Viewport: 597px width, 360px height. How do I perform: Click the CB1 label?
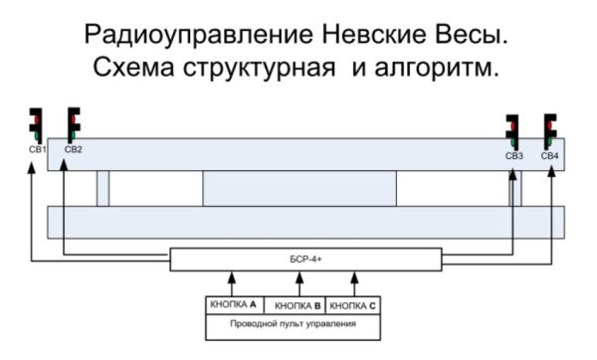click(37, 149)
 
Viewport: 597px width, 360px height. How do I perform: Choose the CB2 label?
click(73, 149)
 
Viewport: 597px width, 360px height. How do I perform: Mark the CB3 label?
click(513, 156)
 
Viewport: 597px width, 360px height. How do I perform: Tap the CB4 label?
click(549, 156)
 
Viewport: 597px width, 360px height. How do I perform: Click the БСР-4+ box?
click(304, 260)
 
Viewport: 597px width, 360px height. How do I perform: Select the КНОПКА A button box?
click(234, 305)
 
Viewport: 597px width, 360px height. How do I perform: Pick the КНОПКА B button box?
click(296, 305)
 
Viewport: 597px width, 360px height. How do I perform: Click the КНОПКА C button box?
click(353, 305)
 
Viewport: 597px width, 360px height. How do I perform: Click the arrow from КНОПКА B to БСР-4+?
click(295, 282)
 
